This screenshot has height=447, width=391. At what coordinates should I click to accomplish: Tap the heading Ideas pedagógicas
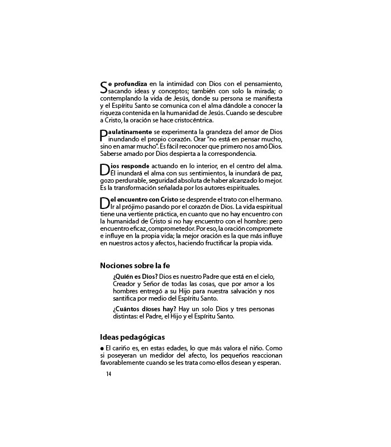pyautogui.click(x=132, y=337)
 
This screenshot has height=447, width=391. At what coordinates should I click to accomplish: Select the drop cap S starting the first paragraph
pyautogui.click(x=103, y=87)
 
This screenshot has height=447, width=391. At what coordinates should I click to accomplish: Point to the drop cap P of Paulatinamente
pyautogui.click(x=103, y=135)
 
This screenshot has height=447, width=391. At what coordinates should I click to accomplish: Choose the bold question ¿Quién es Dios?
pyautogui.click(x=135, y=277)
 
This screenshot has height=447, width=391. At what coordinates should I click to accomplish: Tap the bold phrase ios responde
pyautogui.click(x=129, y=166)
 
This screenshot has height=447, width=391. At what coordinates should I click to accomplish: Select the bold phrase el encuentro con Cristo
pyautogui.click(x=144, y=200)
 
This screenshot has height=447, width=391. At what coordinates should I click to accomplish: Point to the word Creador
pyautogui.click(x=125, y=284)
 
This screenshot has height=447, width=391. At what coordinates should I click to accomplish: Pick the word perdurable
pyautogui.click(x=135, y=180)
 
